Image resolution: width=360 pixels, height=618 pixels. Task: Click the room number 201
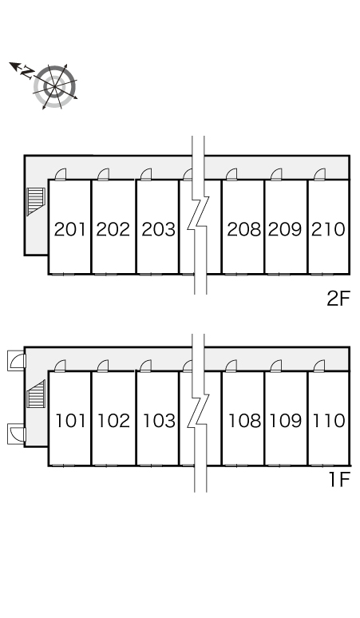69,229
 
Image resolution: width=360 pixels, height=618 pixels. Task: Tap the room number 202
113,229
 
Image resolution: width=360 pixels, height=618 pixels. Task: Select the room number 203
158,229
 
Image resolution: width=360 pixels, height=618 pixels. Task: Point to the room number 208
243,229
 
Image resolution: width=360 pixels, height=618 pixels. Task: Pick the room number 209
285,229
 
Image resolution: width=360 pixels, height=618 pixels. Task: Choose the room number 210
328,229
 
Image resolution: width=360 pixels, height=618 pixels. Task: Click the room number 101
71,421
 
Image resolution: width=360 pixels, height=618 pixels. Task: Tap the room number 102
114,421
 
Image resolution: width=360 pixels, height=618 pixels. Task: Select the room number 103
159,421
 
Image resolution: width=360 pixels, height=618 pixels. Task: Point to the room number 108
244,421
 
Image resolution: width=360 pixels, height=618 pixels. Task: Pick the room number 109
286,421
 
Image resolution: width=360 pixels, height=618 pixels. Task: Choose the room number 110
329,421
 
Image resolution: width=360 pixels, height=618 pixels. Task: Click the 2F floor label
338,299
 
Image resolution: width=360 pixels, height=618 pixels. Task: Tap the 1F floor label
339,479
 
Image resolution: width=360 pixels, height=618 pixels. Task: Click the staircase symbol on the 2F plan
36,202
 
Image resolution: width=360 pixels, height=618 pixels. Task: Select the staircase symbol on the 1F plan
36,394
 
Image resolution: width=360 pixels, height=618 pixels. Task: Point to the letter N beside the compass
28,72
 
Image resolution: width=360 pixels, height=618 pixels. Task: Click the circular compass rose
55,86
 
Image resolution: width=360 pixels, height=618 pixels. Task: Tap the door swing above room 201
61,174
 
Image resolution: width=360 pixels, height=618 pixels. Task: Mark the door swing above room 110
319,366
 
